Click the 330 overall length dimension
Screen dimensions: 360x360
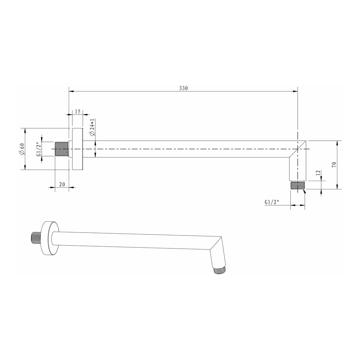[184, 88]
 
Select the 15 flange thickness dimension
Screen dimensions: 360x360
[77, 112]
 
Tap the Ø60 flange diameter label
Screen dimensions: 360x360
[22, 149]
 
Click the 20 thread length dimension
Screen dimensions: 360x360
[62, 184]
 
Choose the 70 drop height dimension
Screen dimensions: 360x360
[334, 165]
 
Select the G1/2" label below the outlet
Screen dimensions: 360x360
[272, 202]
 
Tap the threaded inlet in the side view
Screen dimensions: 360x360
[62, 149]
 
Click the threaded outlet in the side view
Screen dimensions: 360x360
[298, 186]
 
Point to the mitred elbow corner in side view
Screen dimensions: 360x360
[297, 149]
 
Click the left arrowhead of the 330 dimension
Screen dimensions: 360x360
[71, 91]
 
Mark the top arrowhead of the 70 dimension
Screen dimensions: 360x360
[337, 142]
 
